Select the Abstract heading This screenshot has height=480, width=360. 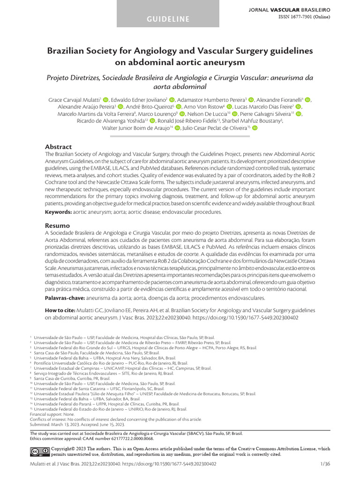click(58, 147)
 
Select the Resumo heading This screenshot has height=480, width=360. click(57, 225)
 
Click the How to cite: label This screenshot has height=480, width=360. click(61, 310)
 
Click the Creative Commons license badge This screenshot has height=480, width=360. click(39, 451)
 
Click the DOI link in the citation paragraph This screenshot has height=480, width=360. click(251, 317)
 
